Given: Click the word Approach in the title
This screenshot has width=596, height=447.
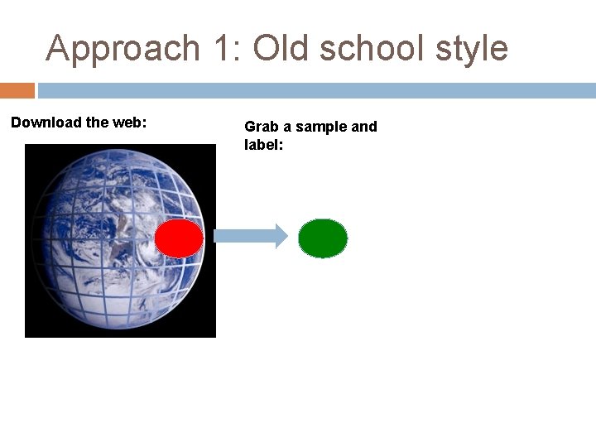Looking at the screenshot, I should coord(123,50).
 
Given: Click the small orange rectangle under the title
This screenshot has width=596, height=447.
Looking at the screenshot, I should coord(17,90).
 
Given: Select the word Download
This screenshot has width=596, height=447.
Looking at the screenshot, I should coord(46,123).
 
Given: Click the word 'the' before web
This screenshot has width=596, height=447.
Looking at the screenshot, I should coord(97,123).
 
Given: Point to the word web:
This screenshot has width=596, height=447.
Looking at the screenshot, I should coord(130,123).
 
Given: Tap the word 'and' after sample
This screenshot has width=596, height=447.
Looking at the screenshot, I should coord(364,127).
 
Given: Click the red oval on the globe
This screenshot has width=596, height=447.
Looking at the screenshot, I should coord(179,238).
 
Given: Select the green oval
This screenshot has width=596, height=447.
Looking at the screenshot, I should coord(323,238).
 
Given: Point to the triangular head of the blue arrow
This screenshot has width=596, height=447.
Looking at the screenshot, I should coord(281,236).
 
